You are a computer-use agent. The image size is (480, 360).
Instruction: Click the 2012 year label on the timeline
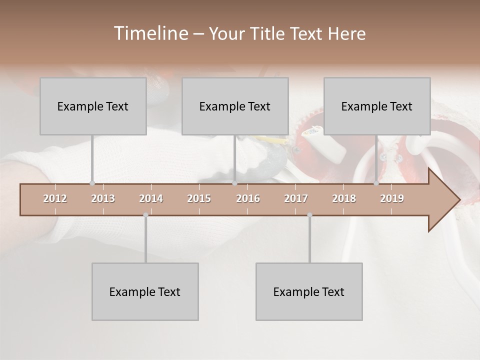tap(55, 198)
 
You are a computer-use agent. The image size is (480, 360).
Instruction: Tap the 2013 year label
tap(103, 198)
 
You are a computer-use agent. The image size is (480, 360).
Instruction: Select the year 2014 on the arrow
tap(151, 198)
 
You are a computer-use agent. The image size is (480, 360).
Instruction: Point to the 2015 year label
tap(199, 198)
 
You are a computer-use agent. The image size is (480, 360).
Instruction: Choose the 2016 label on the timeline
tap(248, 198)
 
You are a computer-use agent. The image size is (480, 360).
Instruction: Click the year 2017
tap(296, 198)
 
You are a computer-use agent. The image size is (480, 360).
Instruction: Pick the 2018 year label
tap(344, 198)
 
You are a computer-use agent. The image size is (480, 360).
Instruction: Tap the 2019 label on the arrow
tap(392, 198)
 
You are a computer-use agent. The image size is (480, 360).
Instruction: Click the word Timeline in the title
tap(150, 33)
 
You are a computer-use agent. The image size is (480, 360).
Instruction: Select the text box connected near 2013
tap(93, 106)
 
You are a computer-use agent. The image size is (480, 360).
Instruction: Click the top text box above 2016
tap(235, 106)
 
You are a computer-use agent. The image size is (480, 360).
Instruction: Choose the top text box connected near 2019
tap(377, 106)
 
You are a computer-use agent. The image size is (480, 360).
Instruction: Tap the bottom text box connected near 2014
tap(145, 291)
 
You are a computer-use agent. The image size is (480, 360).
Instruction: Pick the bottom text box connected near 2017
tap(309, 291)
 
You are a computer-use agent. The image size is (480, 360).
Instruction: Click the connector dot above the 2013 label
tap(92, 183)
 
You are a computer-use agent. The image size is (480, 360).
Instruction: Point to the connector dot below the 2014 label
tap(145, 215)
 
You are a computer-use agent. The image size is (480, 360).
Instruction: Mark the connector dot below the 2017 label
tap(309, 215)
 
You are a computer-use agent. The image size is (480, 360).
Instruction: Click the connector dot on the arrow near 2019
tap(376, 183)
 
